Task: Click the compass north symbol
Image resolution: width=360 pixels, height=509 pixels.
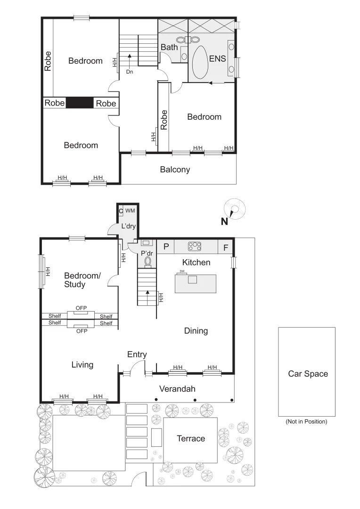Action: click(234, 210)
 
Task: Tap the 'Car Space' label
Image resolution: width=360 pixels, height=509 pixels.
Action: click(308, 374)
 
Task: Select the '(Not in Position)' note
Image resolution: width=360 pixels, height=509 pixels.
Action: click(306, 422)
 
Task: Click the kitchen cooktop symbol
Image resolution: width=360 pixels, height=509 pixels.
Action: click(195, 246)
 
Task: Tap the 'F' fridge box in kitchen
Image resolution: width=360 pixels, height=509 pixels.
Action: click(226, 247)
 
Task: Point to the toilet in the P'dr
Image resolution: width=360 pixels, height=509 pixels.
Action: click(148, 261)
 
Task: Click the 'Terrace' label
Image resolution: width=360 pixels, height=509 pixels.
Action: click(191, 438)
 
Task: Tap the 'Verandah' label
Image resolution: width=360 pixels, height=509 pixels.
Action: click(177, 389)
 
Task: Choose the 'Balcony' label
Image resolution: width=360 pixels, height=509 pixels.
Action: click(175, 169)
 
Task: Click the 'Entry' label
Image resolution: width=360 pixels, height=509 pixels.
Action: click(137, 354)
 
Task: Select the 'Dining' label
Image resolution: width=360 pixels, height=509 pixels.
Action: click(196, 331)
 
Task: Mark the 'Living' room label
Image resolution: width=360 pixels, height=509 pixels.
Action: click(82, 364)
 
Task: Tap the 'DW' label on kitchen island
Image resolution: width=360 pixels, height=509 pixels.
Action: click(181, 271)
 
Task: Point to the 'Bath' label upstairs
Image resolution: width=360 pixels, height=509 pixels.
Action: click(169, 47)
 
